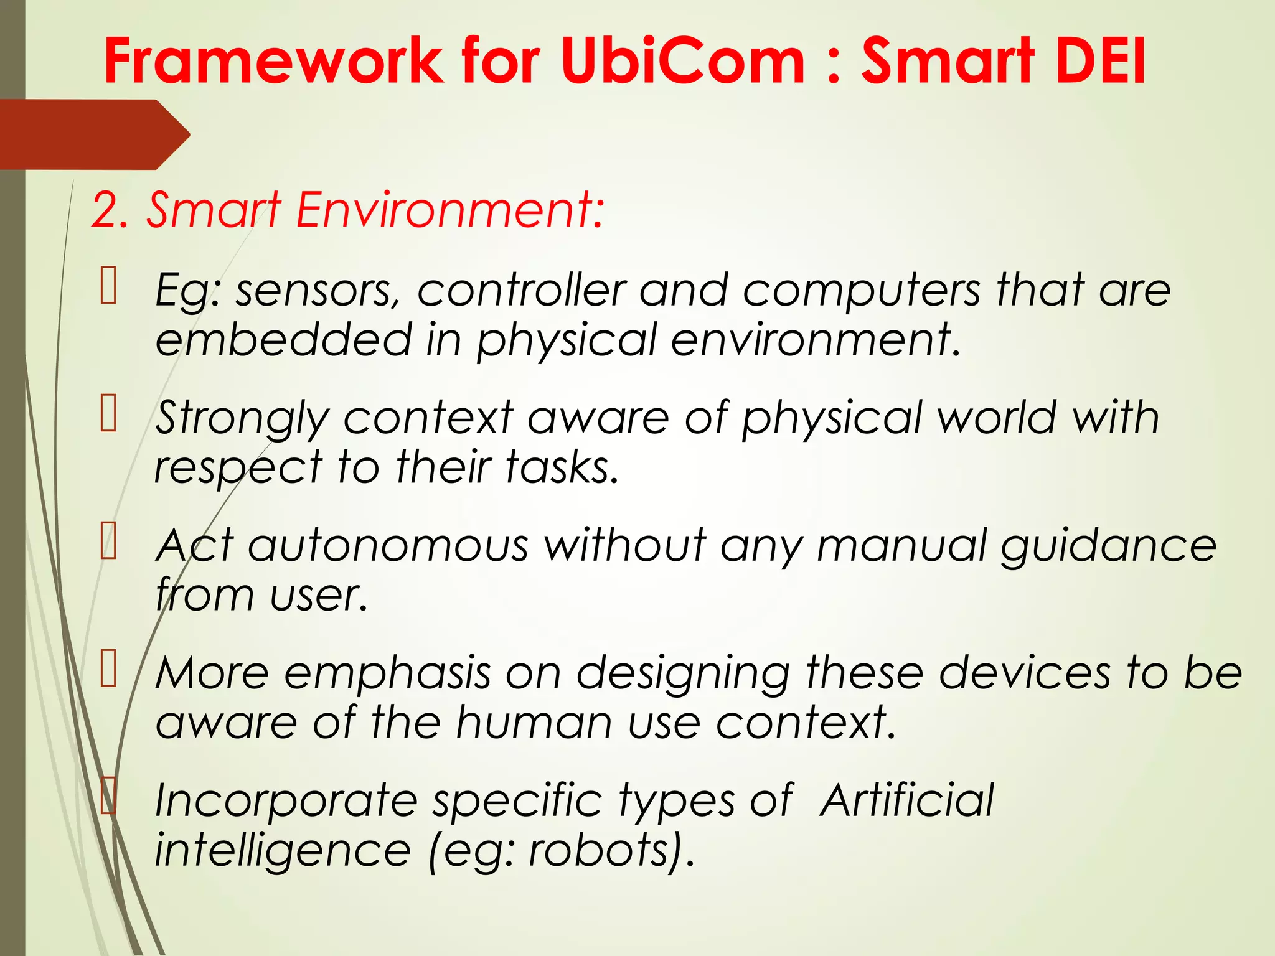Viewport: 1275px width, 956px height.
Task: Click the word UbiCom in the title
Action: (682, 60)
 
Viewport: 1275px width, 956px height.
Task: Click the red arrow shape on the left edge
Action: (93, 134)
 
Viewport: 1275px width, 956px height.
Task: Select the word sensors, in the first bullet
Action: (318, 291)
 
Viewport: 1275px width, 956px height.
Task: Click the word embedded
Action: (283, 340)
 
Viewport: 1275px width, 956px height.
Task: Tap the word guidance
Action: (1109, 546)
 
